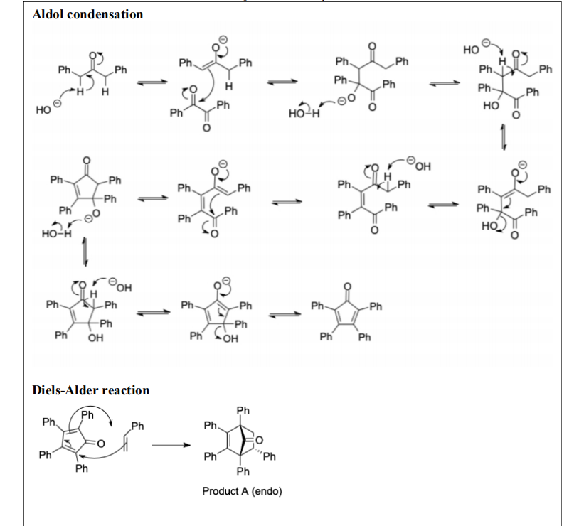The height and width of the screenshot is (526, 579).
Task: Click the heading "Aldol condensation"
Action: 87,14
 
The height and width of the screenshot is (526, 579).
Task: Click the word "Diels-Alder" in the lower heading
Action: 65,390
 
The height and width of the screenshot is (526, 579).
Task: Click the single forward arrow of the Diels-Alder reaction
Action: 171,446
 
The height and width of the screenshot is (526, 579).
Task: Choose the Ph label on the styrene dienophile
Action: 137,426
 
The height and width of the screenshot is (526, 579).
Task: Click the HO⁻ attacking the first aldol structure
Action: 45,112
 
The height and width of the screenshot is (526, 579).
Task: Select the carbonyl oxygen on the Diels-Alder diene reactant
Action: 102,444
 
